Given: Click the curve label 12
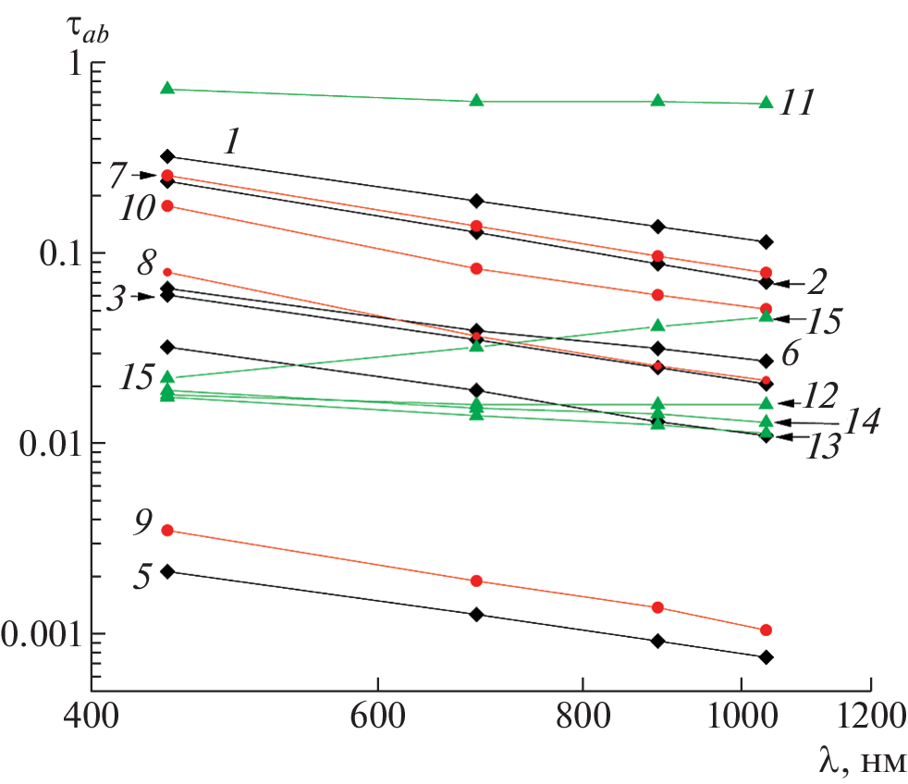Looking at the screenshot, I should pyautogui.click(x=818, y=396).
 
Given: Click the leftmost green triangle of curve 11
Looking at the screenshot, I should pyautogui.click(x=167, y=89).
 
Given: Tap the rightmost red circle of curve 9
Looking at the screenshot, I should pyautogui.click(x=766, y=631).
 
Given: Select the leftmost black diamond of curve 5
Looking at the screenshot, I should pyautogui.click(x=167, y=571).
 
